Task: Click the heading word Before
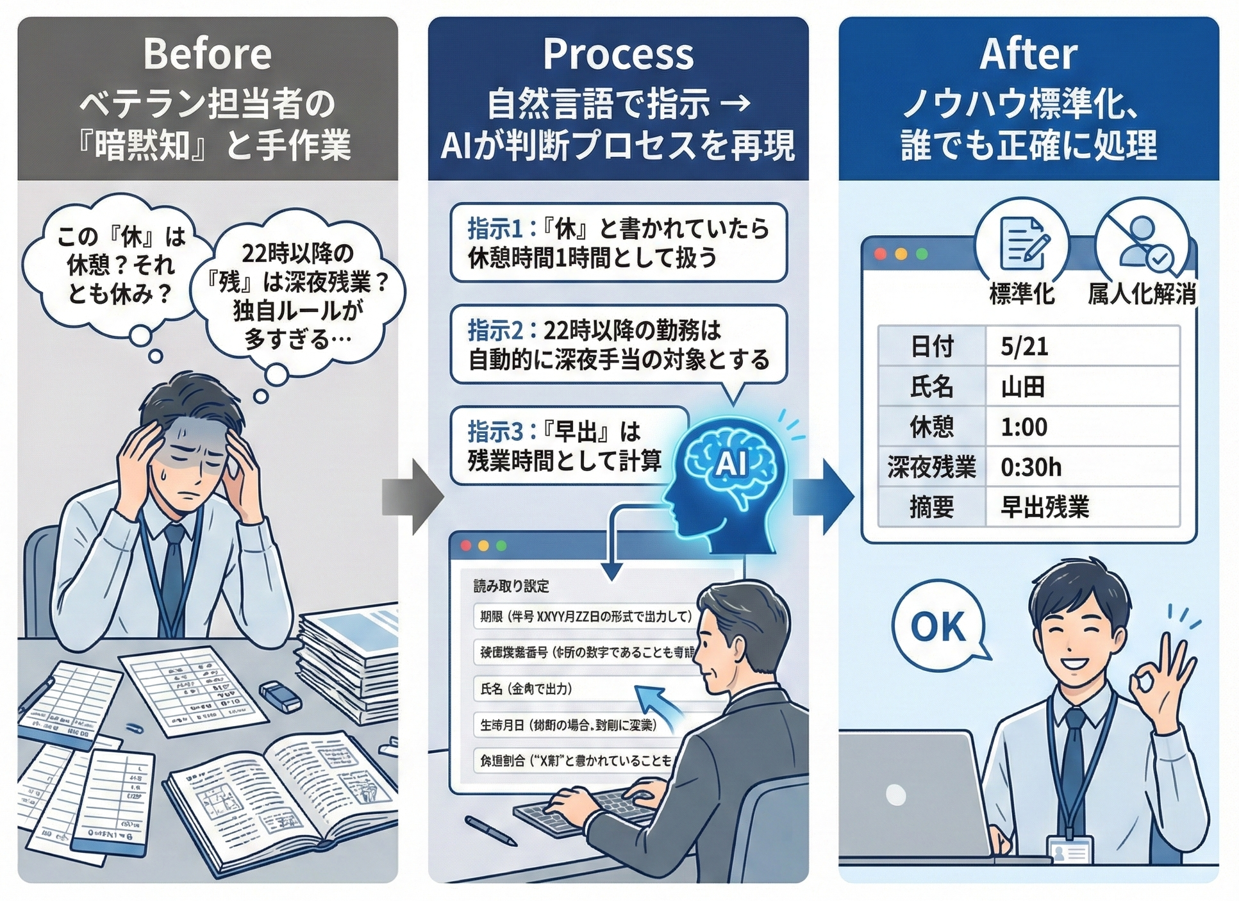click(207, 54)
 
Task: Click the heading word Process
click(618, 54)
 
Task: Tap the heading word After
click(1028, 54)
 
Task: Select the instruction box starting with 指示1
click(618, 243)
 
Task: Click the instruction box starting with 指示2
click(618, 345)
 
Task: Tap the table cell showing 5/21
click(1082, 347)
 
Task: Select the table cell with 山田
click(1082, 387)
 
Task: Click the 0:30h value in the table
click(1082, 467)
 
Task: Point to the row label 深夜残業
click(931, 467)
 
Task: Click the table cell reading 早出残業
click(1082, 508)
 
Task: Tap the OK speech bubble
click(937, 626)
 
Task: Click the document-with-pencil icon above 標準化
click(1023, 244)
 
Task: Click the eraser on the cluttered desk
click(280, 697)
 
